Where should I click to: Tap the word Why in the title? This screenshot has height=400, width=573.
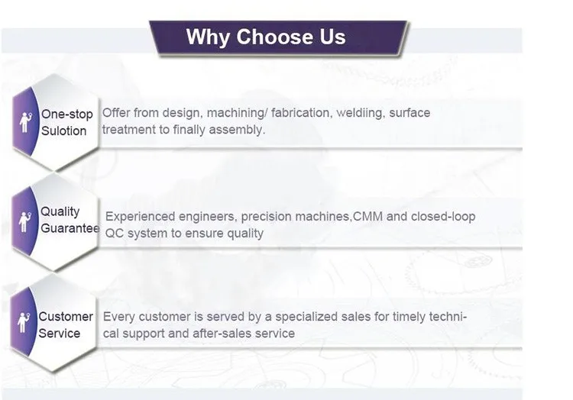[x=208, y=37]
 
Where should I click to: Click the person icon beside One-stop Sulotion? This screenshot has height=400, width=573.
[x=25, y=122]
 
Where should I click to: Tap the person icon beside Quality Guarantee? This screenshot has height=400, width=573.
[x=24, y=221]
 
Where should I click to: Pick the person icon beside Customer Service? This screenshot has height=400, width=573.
[x=24, y=322]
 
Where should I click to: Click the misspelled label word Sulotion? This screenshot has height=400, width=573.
[x=63, y=131]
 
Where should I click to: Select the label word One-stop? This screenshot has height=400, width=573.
[x=67, y=115]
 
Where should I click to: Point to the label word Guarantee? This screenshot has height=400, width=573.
[x=70, y=228]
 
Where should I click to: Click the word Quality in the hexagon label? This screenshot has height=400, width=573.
[x=60, y=211]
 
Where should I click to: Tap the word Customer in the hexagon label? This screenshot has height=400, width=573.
[x=66, y=317]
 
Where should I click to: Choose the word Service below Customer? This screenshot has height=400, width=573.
[x=59, y=334]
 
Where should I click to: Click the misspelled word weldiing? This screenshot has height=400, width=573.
[x=361, y=113]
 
